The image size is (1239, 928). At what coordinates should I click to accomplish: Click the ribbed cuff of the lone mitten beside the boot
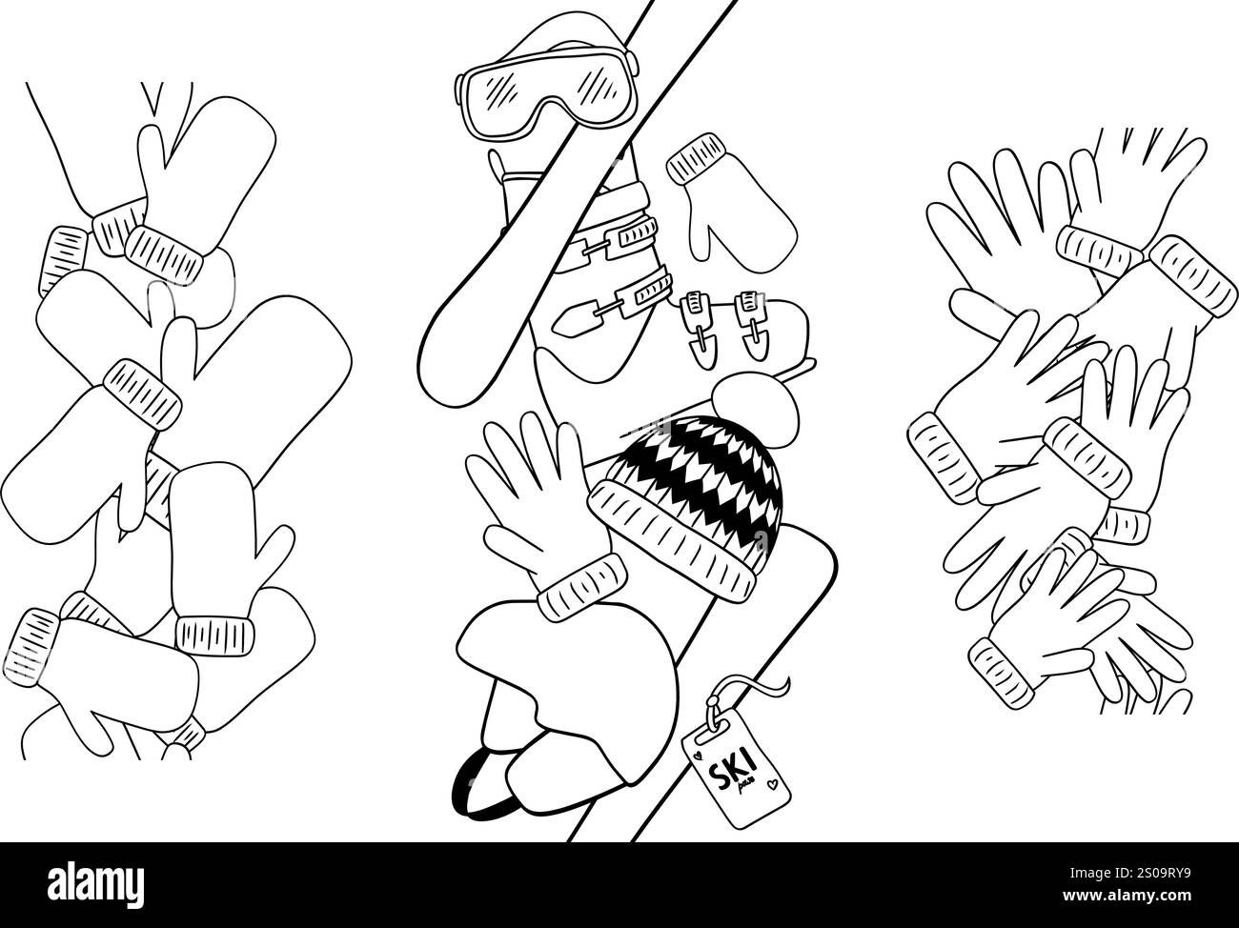tap(696, 158)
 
